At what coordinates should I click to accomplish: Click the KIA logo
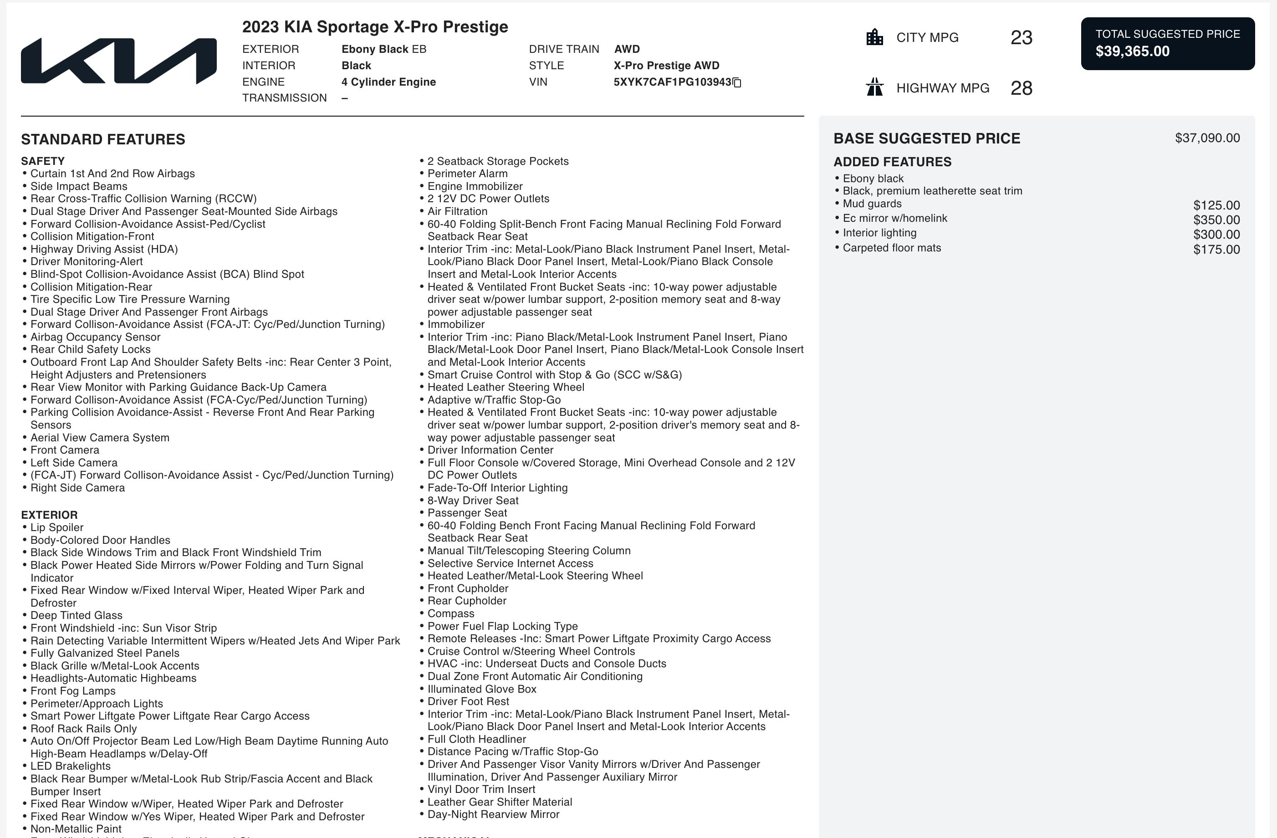click(118, 61)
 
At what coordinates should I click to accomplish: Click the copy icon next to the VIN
click(737, 82)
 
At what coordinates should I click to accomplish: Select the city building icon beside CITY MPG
click(874, 37)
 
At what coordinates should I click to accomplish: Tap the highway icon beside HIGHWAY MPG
click(874, 87)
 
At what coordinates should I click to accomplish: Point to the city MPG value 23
click(1021, 37)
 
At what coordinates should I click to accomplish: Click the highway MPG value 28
click(1021, 88)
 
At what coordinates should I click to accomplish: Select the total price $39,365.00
click(1132, 51)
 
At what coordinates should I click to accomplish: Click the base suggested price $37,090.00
click(1207, 138)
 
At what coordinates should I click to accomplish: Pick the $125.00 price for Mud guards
click(1216, 205)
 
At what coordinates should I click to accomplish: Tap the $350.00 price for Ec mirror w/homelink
click(1216, 220)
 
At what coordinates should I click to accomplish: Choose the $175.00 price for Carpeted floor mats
click(1216, 250)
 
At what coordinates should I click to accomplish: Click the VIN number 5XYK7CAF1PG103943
click(672, 82)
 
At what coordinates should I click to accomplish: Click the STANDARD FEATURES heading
click(103, 139)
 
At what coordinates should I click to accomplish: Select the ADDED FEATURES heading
click(892, 162)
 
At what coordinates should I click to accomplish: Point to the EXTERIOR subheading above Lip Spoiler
click(49, 515)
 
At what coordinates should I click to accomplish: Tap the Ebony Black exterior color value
click(383, 49)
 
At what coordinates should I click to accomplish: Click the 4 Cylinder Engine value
click(388, 82)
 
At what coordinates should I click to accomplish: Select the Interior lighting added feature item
click(879, 233)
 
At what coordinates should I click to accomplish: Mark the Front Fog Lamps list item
click(73, 691)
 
